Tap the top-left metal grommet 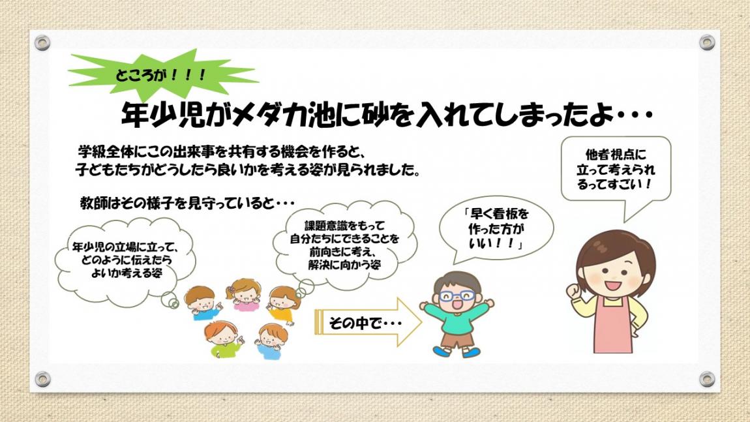click(42, 43)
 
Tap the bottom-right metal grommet click(707, 379)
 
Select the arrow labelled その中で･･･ click(368, 322)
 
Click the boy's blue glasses click(457, 295)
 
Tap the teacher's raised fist click(573, 290)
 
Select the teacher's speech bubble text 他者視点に click(616, 155)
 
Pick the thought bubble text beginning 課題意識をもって click(344, 245)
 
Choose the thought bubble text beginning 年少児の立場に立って click(125, 260)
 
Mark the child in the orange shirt click(283, 305)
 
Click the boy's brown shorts click(457, 339)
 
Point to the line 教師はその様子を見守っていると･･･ click(187, 203)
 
